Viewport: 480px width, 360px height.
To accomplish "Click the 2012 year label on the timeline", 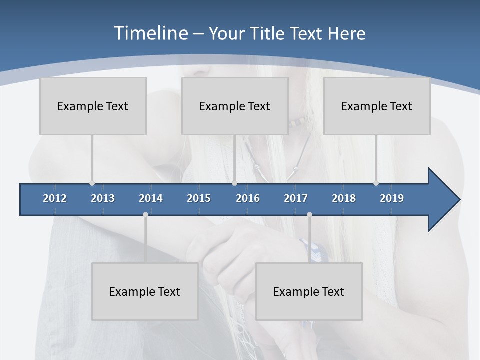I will coord(55,198).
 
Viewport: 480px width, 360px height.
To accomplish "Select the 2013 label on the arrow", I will coord(103,198).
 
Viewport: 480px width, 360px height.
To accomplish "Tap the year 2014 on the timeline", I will coord(151,198).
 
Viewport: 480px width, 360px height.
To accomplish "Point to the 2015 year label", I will coord(199,198).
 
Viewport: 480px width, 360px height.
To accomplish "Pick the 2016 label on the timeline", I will coord(248,198).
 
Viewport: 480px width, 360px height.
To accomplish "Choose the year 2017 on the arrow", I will coord(296,198).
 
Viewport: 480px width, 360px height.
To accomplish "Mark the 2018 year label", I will coord(344,198).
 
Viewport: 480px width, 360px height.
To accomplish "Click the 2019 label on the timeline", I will coord(392,198).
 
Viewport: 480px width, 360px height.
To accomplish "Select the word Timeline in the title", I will coord(150,33).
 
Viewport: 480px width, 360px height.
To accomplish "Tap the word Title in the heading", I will coord(268,33).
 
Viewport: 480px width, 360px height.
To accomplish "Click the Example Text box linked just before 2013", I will coord(93,106).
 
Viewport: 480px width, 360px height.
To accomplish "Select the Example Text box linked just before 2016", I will coord(235,106).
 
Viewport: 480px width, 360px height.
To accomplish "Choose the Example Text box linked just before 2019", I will coord(377,106).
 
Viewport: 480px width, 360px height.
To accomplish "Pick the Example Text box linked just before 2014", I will coord(145,291).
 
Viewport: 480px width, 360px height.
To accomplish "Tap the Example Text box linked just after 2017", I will coord(309,291).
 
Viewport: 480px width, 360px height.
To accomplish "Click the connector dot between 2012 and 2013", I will coord(92,183).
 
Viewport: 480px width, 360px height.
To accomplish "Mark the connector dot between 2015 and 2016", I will coord(234,183).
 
